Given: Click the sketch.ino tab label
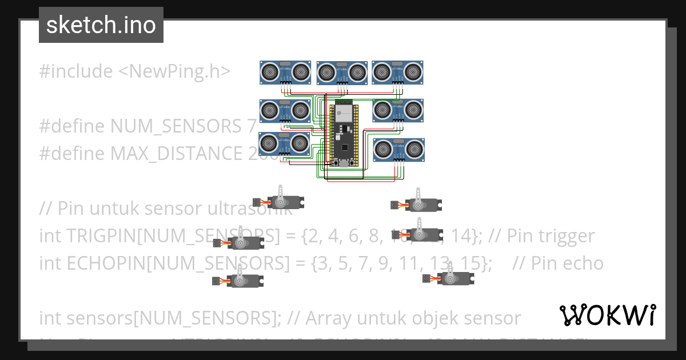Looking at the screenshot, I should [x=101, y=25].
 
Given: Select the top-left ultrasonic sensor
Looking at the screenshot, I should [x=285, y=72].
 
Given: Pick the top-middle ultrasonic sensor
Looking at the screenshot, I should [x=342, y=72].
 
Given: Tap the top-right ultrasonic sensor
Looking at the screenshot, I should [x=397, y=72].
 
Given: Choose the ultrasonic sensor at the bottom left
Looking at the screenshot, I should [x=284, y=143].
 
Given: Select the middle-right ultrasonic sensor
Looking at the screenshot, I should [x=398, y=110].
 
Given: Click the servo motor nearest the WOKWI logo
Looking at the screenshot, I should [x=452, y=278].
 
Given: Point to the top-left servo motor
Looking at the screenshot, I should [x=282, y=201].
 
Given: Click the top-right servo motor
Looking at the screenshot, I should [x=421, y=204].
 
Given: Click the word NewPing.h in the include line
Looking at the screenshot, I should [x=174, y=71].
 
